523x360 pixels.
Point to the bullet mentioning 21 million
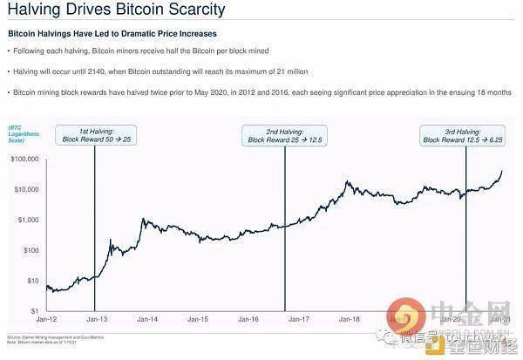(x=156, y=71)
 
